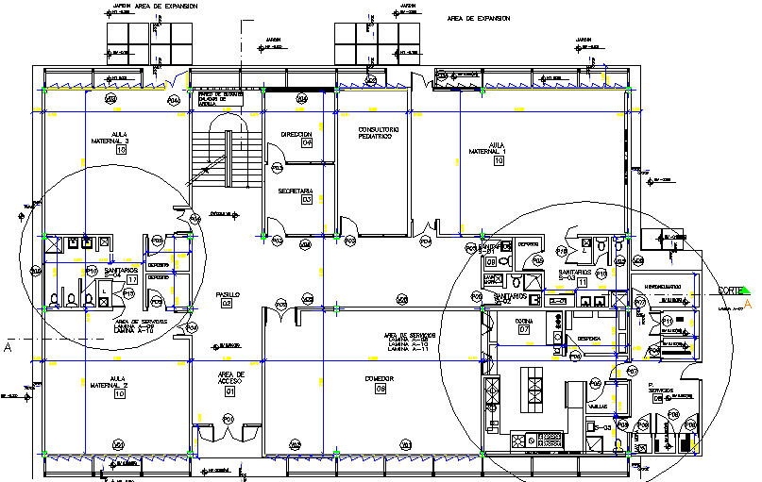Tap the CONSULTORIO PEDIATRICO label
tap(378, 133)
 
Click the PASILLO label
tap(227, 294)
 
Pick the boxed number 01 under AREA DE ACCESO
tap(229, 391)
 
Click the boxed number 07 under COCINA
tap(525, 330)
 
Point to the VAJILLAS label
tap(597, 407)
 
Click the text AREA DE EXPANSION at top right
tap(478, 18)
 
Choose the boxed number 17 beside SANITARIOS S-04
tap(132, 280)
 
